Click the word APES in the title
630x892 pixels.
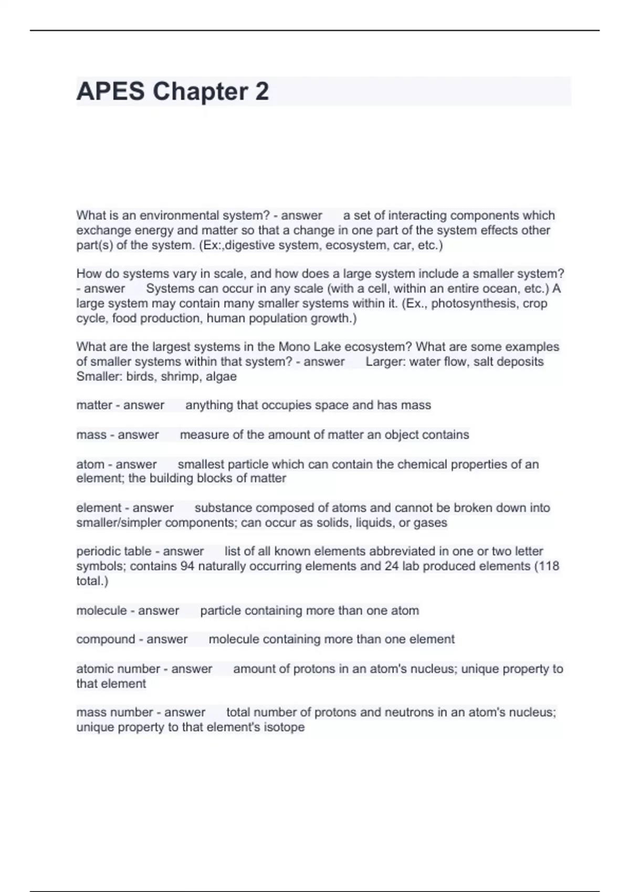click(110, 92)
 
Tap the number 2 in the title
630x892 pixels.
click(262, 92)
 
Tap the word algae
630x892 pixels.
click(222, 376)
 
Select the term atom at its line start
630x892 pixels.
click(90, 464)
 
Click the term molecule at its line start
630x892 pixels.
click(100, 610)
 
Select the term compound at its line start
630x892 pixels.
click(104, 639)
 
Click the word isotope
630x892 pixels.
click(285, 727)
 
